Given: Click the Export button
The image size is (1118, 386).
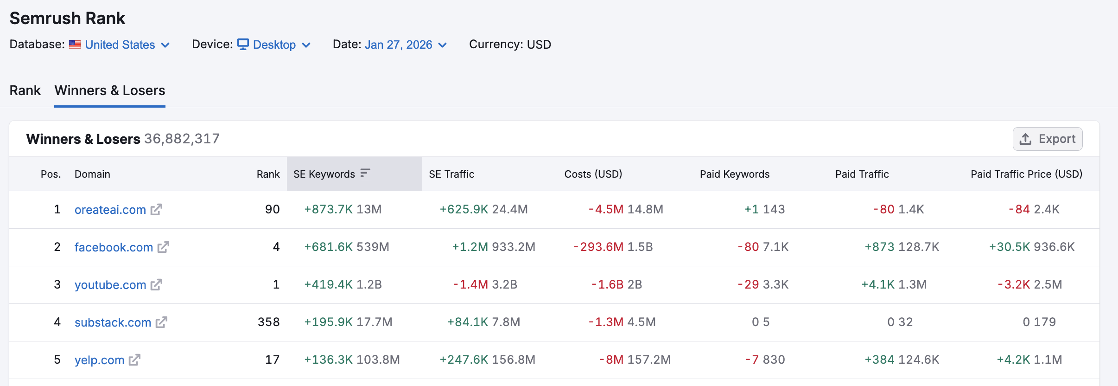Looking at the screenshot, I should [x=1048, y=139].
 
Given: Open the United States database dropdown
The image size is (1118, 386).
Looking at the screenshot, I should [x=120, y=45].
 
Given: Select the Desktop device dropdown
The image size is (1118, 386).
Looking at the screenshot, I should [x=274, y=45].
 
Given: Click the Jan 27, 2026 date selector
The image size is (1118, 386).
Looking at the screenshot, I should [x=398, y=45].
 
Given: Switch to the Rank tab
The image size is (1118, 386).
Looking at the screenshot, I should [x=25, y=90].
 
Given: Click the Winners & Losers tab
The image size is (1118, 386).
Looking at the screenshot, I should [x=110, y=90].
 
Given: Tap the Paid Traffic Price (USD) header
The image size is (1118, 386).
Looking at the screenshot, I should [x=1026, y=174].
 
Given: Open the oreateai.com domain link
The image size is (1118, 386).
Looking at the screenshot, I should [x=110, y=210].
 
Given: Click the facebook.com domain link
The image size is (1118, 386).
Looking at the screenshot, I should [x=114, y=247].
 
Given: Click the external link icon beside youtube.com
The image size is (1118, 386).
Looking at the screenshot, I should [x=157, y=285].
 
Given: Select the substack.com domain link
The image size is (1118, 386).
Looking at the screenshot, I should [x=113, y=322].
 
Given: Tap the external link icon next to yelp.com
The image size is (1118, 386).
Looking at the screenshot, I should [x=134, y=360].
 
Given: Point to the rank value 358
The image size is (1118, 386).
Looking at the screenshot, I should [x=268, y=322].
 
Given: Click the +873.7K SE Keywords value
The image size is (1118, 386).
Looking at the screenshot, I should [x=328, y=210].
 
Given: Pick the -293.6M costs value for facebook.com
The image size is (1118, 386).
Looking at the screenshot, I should [x=598, y=247].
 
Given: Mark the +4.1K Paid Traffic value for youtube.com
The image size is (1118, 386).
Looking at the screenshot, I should [x=878, y=285].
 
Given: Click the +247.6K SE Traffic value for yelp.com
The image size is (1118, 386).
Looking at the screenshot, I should [x=464, y=360].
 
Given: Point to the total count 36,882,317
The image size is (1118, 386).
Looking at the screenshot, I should [x=182, y=139].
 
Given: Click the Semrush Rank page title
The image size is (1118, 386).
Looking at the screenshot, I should [x=67, y=19].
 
